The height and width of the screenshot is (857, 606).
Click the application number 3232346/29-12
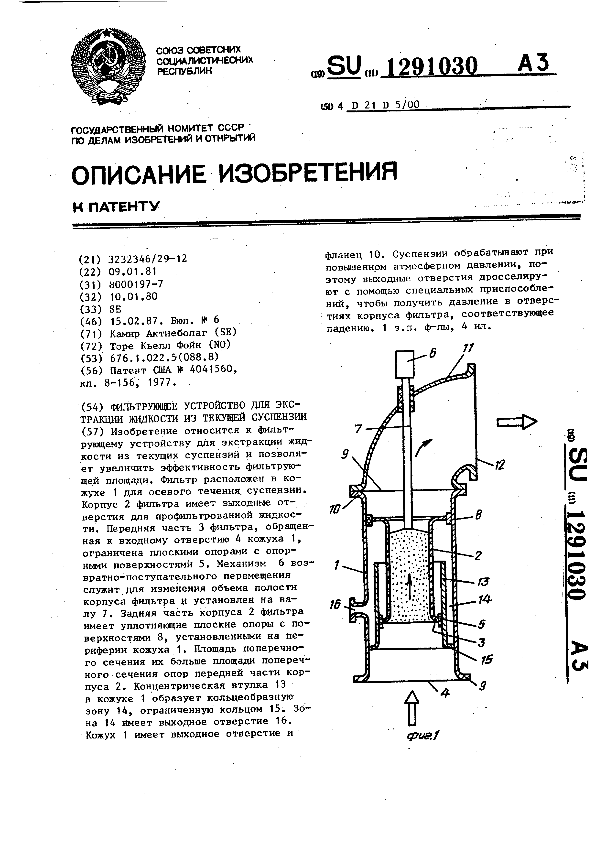[148, 259]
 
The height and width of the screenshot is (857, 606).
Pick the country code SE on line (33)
[115, 309]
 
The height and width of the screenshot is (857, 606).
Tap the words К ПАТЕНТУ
[116, 206]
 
